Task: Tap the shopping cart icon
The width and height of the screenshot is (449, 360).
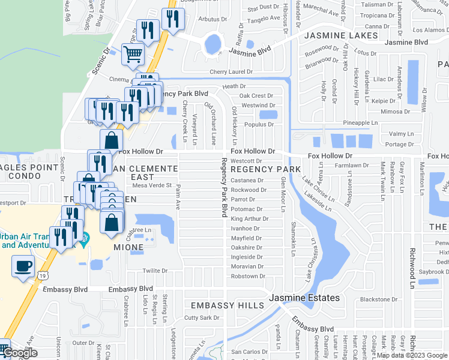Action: tap(133, 55)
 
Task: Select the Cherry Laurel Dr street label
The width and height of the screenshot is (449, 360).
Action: tap(232, 72)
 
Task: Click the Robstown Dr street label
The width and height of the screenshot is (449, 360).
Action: tap(247, 276)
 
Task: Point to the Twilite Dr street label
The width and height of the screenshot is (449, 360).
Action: tap(155, 271)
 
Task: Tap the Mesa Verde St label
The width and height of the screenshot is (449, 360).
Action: tap(152, 185)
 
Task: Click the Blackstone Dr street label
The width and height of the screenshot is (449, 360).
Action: tap(379, 299)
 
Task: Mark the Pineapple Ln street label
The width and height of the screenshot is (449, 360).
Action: tap(360, 122)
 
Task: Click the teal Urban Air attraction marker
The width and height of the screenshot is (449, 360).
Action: tap(85, 237)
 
